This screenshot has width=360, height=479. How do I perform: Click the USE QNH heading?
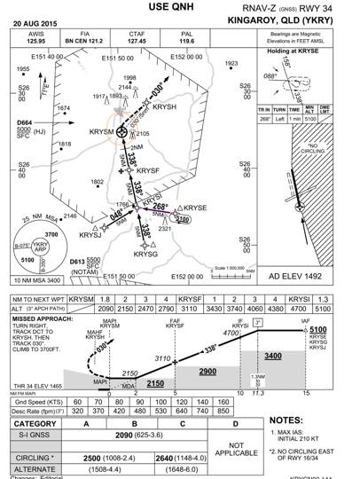coord(179,8)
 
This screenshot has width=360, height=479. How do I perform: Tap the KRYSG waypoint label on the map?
coord(145,254)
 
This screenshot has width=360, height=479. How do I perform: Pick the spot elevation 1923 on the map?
coord(232,64)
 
